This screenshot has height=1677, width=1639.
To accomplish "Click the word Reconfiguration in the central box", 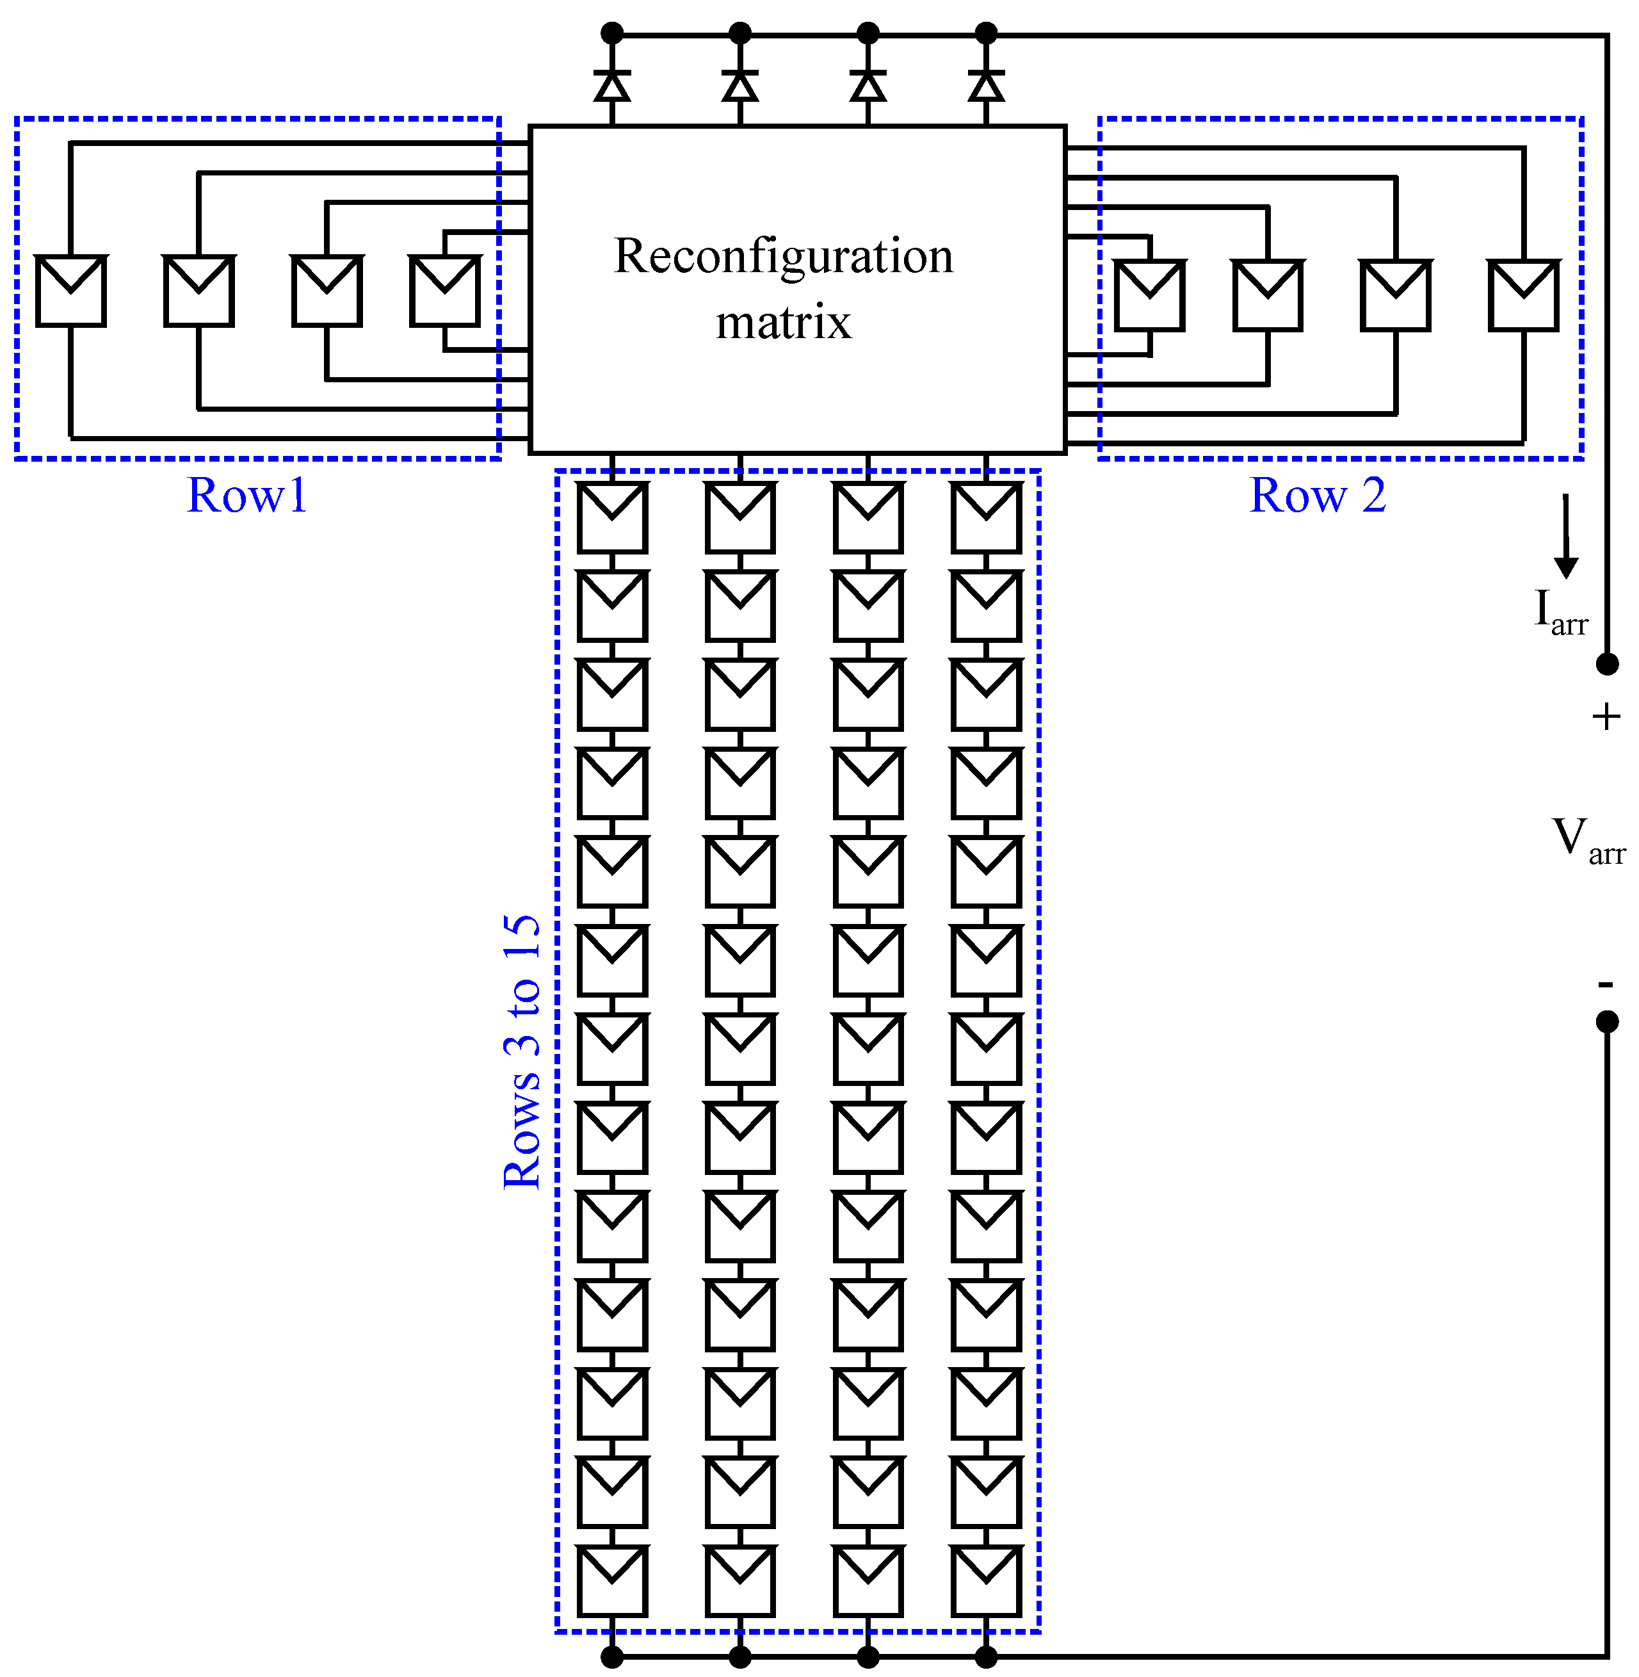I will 784,257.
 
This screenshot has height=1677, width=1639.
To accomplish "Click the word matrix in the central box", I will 784,323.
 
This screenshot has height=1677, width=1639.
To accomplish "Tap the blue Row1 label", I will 247,496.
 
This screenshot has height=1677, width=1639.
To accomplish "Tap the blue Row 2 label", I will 1317,496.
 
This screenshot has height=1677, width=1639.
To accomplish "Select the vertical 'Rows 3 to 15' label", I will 522,1052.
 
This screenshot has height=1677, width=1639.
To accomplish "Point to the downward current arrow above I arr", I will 1566,535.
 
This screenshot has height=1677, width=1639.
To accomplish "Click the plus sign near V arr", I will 1606,717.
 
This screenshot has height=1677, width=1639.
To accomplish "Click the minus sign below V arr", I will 1606,983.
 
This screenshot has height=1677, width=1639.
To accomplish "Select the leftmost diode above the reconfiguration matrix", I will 612,86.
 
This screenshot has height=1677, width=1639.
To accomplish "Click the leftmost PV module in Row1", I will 70,291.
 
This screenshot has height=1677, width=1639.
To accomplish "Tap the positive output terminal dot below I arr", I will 1607,664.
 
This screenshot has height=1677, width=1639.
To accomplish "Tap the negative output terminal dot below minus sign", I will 1607,1021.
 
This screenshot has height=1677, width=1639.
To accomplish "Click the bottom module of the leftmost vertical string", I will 612,1580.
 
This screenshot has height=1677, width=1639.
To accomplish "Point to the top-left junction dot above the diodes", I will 612,33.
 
